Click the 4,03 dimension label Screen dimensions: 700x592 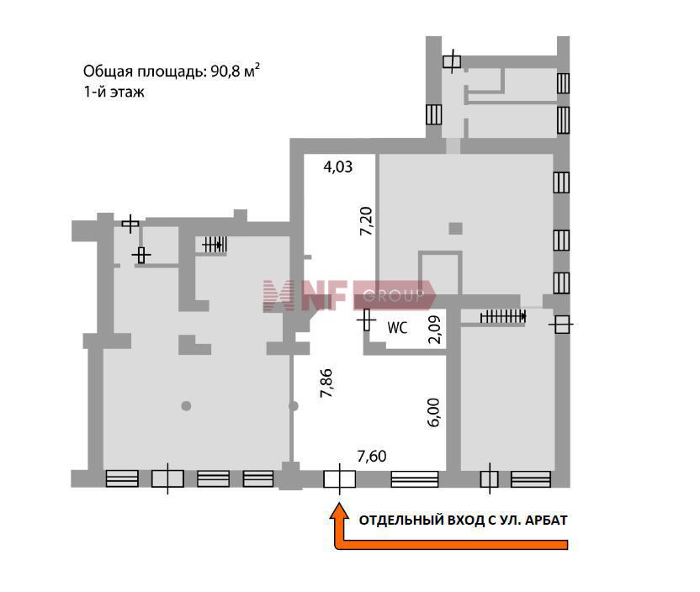338,166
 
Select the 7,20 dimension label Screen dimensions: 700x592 366,221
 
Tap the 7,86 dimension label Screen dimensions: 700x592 326,383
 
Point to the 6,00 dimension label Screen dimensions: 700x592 433,412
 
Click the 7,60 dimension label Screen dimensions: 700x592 372,456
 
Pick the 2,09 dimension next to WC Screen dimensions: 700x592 434,330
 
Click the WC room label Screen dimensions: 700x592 397,328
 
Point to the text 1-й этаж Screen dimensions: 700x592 114,92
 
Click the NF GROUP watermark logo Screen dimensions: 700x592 349,295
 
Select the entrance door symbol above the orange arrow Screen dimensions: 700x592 340,479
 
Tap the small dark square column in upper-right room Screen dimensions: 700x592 455,229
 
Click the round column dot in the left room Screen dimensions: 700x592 186,406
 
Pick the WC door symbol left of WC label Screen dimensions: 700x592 367,320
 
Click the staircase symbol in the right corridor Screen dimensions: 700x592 503,317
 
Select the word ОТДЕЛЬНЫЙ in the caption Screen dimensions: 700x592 402,521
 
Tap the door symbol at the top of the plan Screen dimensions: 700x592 452,61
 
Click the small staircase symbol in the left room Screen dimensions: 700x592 215,245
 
